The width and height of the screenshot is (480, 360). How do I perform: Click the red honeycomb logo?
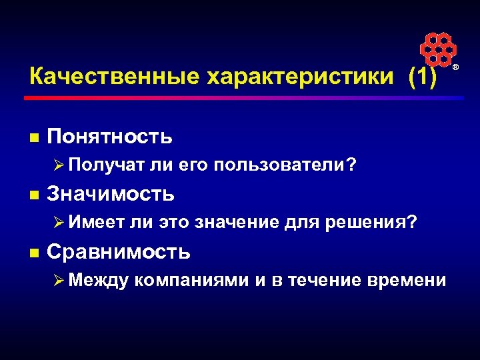coord(437,50)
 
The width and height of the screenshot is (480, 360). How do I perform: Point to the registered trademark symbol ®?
coord(457,69)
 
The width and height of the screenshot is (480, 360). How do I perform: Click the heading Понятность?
coord(110,137)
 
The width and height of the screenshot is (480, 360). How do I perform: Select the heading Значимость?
coord(111,194)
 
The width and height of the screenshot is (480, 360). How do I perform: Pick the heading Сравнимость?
coord(119,251)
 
